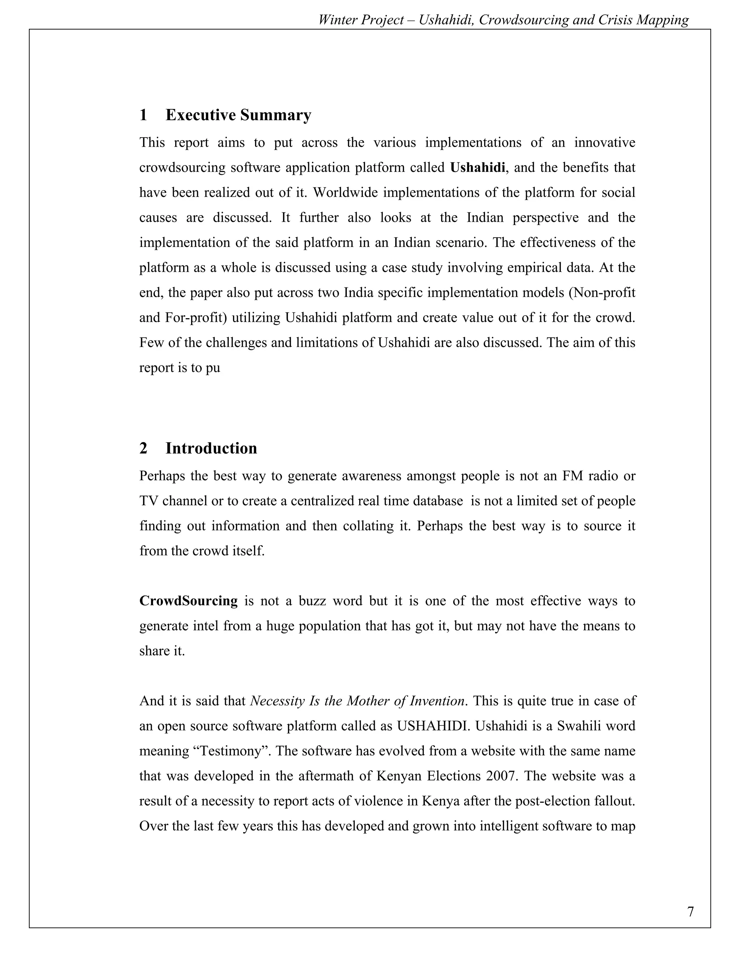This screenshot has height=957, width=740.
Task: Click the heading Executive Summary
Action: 238,115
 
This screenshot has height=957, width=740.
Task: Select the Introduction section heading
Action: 211,448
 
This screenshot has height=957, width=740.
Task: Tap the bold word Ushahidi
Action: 477,168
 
